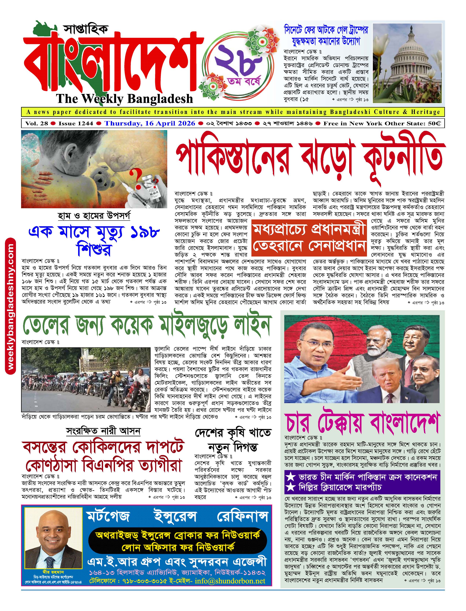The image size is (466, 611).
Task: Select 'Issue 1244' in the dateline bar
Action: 76,123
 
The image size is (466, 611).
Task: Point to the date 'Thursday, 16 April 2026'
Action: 150,123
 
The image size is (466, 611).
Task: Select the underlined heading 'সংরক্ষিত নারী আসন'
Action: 103,431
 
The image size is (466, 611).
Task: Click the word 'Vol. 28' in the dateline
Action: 37,123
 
